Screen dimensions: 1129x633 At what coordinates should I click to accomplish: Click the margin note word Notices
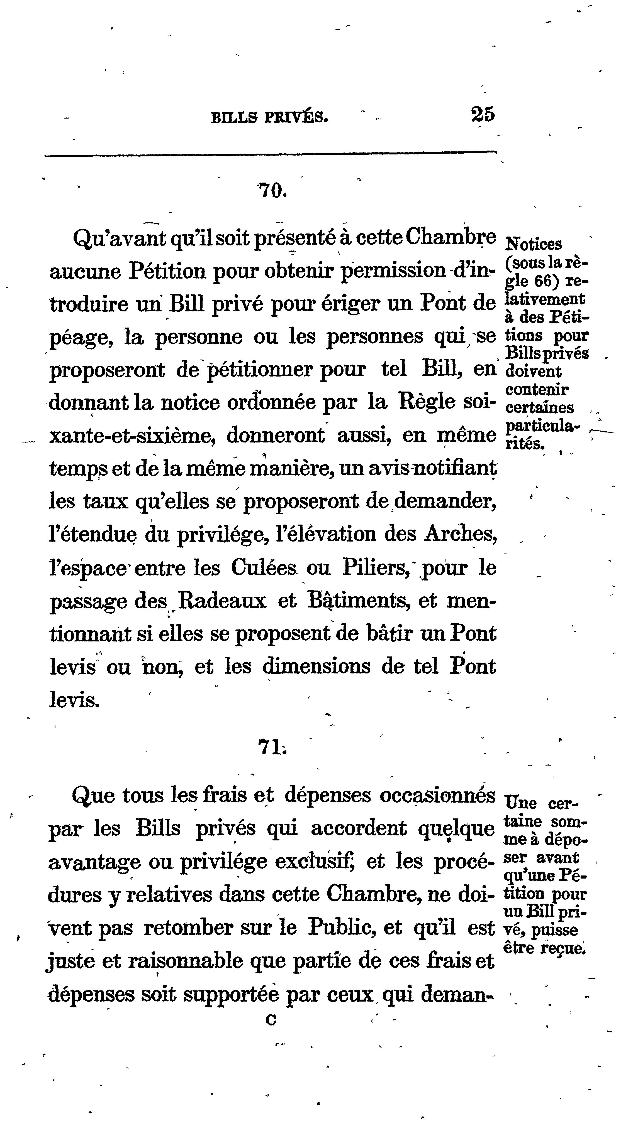534,244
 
